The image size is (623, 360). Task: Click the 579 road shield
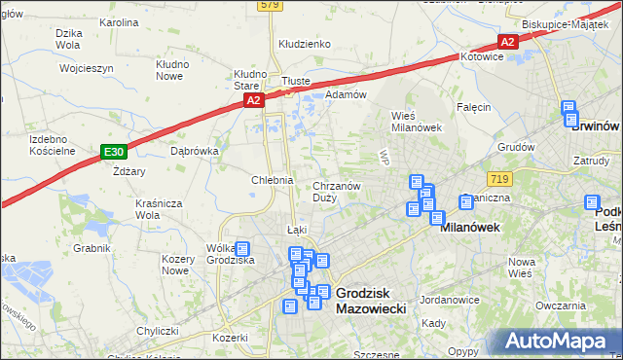tap(270, 6)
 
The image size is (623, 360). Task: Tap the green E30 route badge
tap(114, 151)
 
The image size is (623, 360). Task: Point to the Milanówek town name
tap(470, 227)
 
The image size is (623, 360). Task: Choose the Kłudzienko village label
tap(305, 44)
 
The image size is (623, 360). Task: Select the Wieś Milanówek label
tap(417, 122)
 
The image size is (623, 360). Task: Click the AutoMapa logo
tap(560, 342)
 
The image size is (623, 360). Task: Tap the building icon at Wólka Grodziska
tap(242, 249)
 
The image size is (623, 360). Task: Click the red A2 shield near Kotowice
tap(507, 41)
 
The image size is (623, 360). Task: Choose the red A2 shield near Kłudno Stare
tap(253, 100)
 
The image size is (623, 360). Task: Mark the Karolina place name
tap(119, 21)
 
